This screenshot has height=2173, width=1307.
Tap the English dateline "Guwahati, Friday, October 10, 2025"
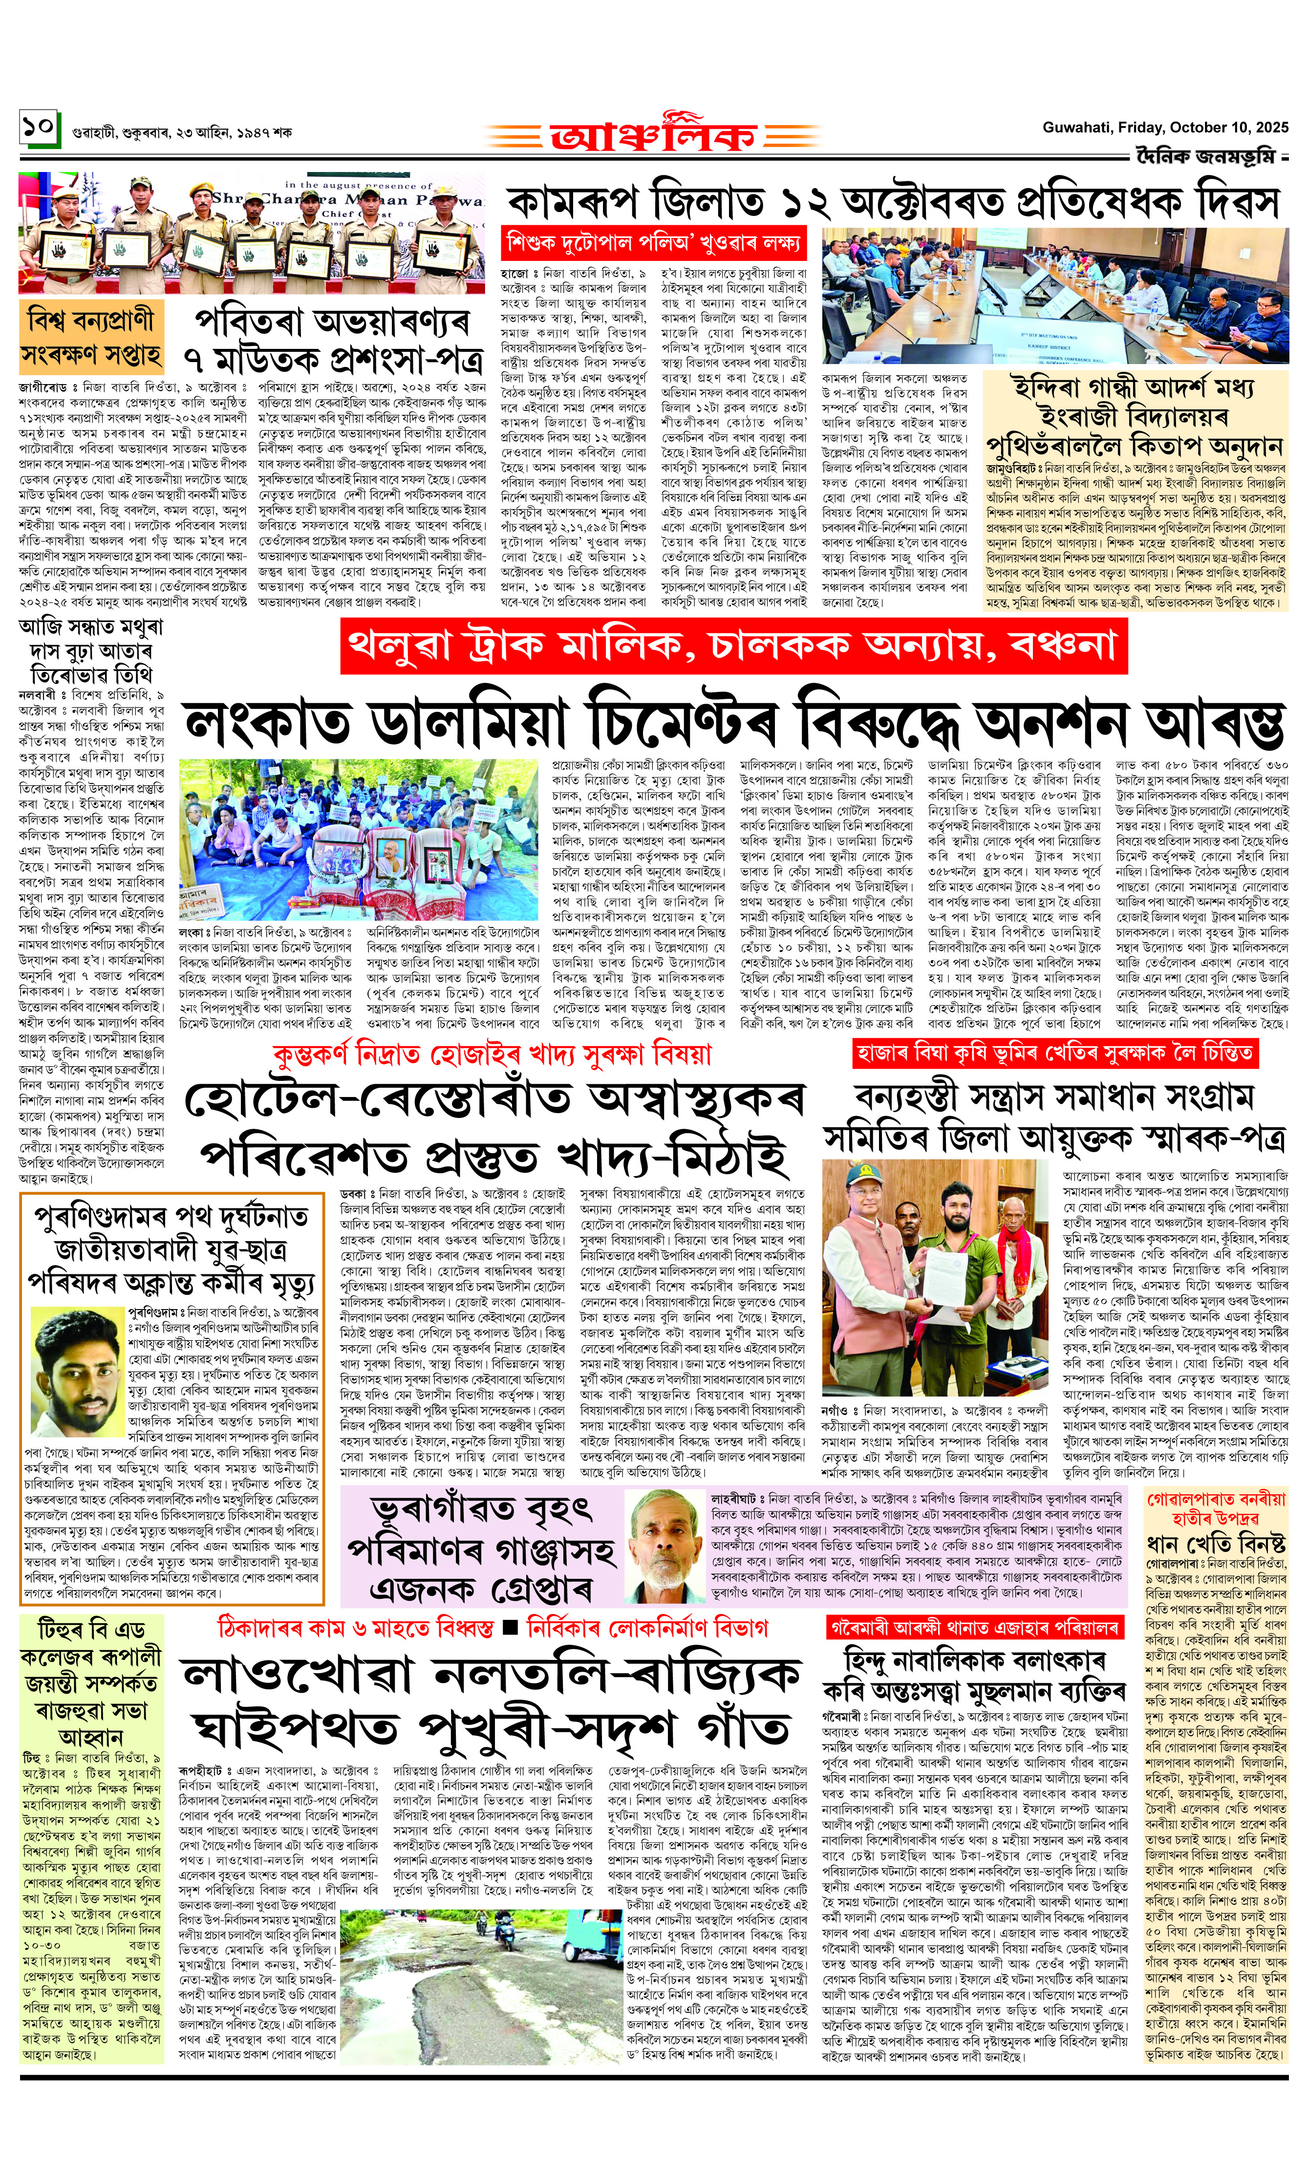point(1164,128)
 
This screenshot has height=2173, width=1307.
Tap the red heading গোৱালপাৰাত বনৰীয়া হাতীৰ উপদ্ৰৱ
point(1216,1508)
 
